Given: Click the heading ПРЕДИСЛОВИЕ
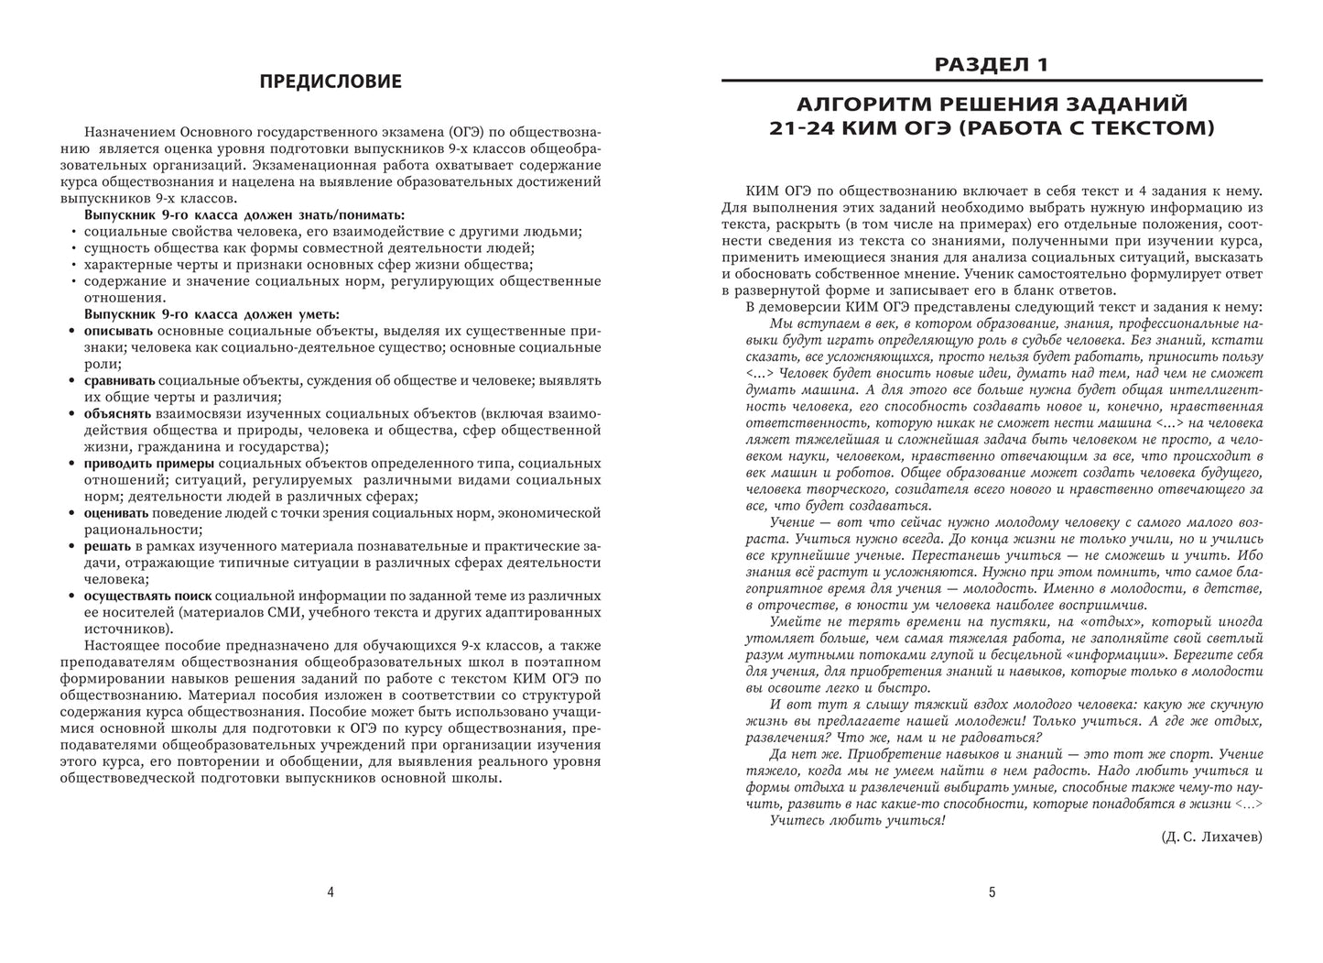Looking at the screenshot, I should click(x=331, y=82).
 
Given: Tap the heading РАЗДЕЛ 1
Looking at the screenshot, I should click(x=992, y=64).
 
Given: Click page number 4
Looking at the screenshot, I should click(x=331, y=892).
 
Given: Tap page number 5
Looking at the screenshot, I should click(x=992, y=892).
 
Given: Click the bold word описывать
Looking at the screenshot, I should click(x=119, y=331).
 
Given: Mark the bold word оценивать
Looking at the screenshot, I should click(x=117, y=512).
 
